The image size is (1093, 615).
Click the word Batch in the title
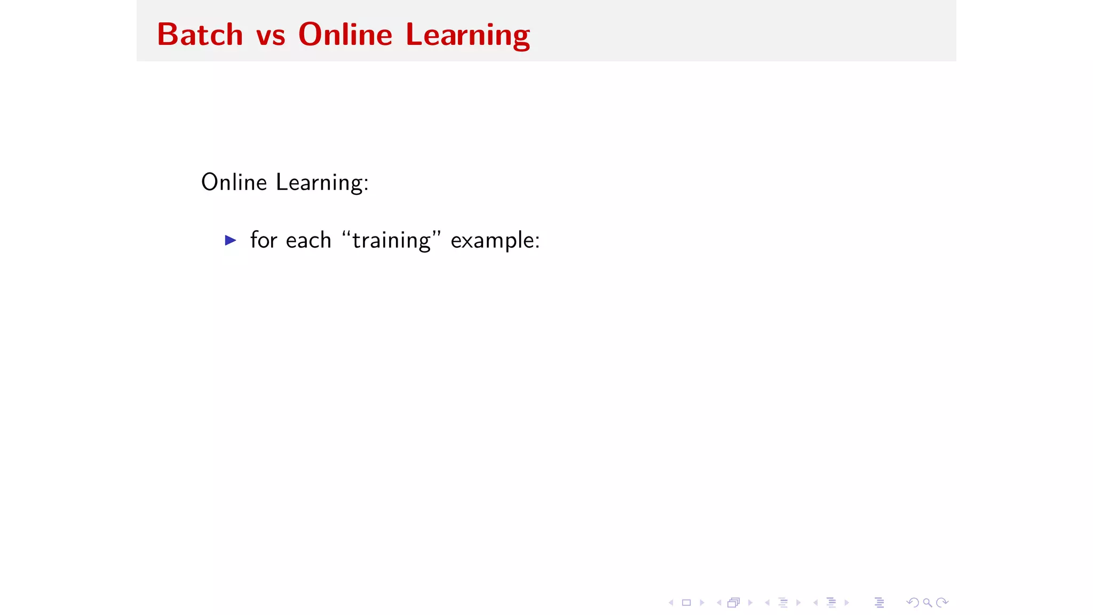tap(200, 35)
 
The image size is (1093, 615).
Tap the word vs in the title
tap(271, 36)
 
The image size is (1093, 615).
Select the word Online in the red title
tap(345, 35)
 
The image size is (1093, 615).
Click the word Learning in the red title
tap(468, 36)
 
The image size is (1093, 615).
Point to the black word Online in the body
tap(234, 182)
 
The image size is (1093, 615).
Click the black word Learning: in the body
tap(322, 183)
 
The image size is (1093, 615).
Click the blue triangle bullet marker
tap(231, 240)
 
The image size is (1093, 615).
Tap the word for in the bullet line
tap(264, 240)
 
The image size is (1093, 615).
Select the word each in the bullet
tap(308, 240)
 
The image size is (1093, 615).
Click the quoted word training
tap(392, 241)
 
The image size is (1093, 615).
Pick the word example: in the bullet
tap(495, 241)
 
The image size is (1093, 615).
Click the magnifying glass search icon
tap(928, 603)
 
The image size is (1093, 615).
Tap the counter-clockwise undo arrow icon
tap(913, 603)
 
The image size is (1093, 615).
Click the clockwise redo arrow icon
tap(942, 603)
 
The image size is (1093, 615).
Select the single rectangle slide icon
tap(686, 603)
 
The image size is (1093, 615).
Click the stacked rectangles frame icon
tap(734, 603)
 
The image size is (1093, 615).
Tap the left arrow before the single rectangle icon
tap(671, 603)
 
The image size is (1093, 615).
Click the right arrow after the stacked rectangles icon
tap(750, 603)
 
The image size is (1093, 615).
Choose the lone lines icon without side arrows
tap(880, 603)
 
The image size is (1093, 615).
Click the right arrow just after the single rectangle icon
tap(702, 603)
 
